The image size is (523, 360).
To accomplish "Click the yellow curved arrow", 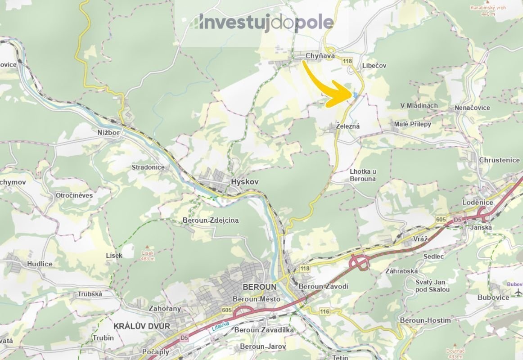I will [331, 88].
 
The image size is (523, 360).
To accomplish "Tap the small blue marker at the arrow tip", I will [356, 94].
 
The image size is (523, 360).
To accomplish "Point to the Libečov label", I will [374, 66].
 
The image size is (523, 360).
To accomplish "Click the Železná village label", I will [348, 126].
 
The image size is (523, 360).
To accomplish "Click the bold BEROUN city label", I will [258, 287].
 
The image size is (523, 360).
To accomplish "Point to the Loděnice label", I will [478, 202].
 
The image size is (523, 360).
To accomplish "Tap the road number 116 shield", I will [325, 311].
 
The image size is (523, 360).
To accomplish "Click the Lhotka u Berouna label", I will [363, 175].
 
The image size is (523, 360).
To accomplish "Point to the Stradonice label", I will [148, 167].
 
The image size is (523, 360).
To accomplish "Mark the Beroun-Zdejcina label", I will [211, 220].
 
